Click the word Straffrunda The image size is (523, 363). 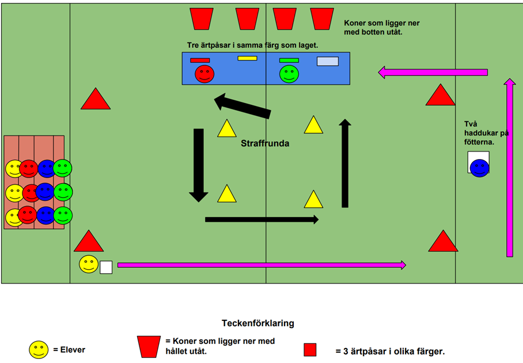click(264, 143)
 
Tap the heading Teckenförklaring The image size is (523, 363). click(257, 323)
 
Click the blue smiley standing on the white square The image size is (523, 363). click(479, 168)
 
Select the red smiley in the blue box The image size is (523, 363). click(204, 74)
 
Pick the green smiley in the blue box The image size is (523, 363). click(289, 74)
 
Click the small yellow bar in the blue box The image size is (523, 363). click(247, 58)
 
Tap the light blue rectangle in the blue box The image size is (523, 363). click(328, 61)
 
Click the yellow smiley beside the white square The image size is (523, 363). click(89, 264)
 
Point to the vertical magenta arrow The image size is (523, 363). click(509, 168)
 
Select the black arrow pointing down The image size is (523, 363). click(199, 165)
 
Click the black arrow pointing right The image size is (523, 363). click(261, 220)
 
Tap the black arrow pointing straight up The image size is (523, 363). click(345, 163)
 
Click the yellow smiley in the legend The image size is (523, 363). click(39, 349)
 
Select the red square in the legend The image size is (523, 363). click(310, 350)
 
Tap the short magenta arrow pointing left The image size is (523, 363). click(433, 73)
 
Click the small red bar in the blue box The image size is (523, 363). click(200, 60)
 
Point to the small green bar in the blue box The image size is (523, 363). click(289, 60)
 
